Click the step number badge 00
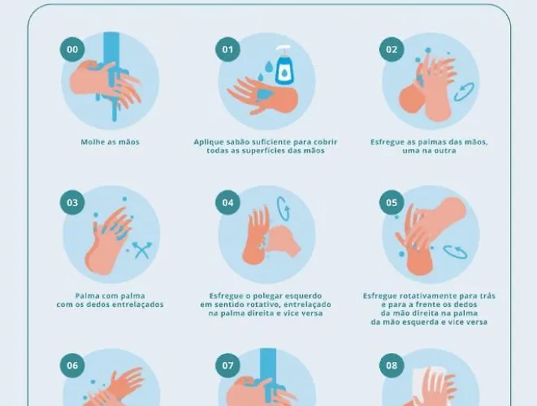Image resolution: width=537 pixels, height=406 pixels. coord(72,50)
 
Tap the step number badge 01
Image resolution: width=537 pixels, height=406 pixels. coord(227,50)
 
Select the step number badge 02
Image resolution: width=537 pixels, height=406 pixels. coord(392,50)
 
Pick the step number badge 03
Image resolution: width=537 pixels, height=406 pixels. coord(72,203)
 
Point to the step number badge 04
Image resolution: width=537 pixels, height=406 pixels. coord(227,203)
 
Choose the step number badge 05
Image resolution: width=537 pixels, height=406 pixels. coord(392,203)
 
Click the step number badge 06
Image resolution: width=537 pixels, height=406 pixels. coord(72,365)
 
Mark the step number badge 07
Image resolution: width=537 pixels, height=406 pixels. coord(227,365)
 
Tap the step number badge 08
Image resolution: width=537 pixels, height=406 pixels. coord(392,365)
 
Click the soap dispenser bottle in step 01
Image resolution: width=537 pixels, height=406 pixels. coord(284,67)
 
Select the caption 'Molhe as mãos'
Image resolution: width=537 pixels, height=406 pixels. coord(110,142)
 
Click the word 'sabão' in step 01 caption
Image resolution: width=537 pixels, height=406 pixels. coord(236,142)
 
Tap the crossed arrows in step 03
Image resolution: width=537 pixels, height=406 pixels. coord(142,250)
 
